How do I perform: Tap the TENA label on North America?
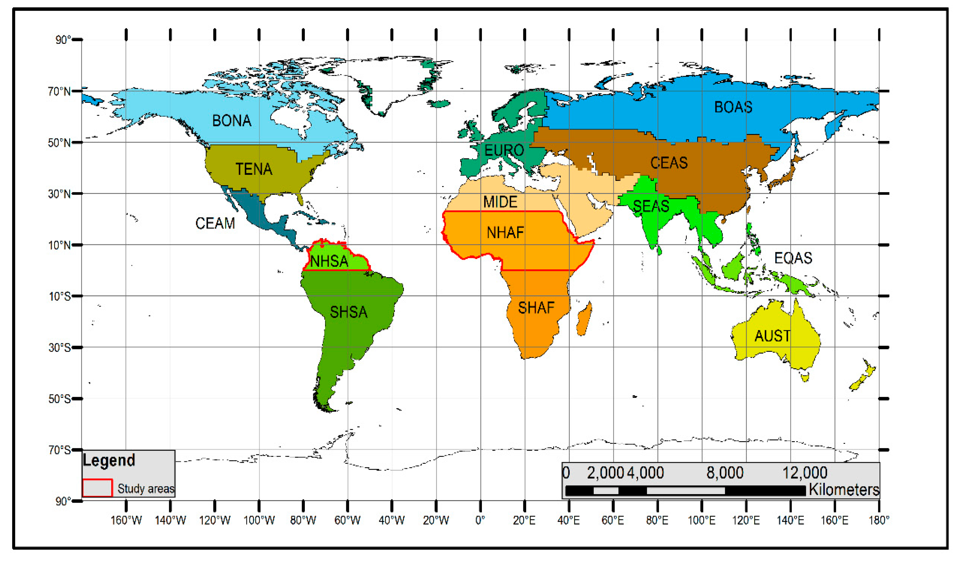[254, 169]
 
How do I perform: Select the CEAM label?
[215, 224]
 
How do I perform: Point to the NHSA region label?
[329, 261]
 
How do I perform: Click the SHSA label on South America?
[348, 313]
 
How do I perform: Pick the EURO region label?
[504, 150]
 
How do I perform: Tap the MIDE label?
[500, 202]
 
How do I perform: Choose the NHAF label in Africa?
[505, 233]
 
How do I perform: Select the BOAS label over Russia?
[733, 107]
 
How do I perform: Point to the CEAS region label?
[669, 163]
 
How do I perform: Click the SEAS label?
[651, 207]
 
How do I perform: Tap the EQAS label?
[793, 258]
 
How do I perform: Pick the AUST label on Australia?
[772, 336]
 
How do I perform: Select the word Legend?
[109, 460]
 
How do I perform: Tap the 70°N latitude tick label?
[59, 92]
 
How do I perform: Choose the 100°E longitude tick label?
[701, 520]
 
